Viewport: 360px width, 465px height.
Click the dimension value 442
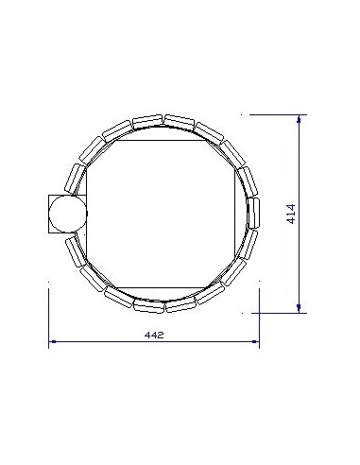coord(153,335)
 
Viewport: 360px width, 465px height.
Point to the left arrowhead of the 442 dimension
coord(53,341)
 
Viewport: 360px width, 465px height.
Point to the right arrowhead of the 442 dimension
coord(257,341)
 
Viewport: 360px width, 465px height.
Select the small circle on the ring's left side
coord(65,215)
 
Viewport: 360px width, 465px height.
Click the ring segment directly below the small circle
coord(74,250)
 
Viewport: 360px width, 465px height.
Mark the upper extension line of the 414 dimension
coord(274,114)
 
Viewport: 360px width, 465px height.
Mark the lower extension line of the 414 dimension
coord(279,311)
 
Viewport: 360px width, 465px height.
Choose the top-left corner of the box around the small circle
coord(48,195)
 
